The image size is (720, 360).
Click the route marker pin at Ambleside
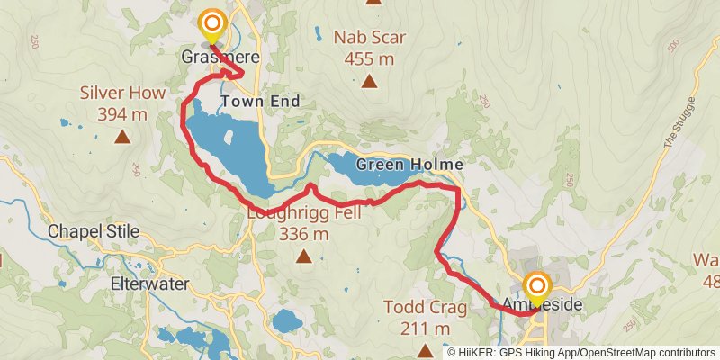point(537,289)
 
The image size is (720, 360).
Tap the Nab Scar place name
point(370,38)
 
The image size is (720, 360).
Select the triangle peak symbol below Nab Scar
point(369,82)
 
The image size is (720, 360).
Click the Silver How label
point(113,92)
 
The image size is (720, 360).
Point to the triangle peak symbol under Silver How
point(121,138)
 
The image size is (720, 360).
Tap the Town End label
point(260,102)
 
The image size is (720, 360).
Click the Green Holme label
point(409,165)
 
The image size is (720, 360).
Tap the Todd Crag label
point(425,309)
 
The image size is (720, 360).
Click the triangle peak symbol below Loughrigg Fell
point(304,257)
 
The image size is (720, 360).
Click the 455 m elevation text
point(370,58)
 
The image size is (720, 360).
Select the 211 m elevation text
point(426,328)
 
